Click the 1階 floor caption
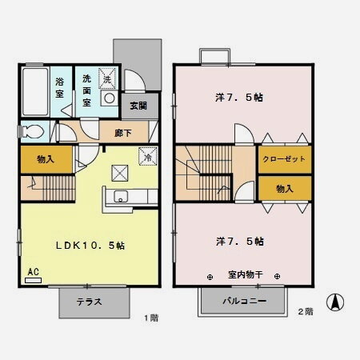coord(151,318)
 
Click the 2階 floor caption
coord(305,310)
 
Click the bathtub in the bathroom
coord(34,90)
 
